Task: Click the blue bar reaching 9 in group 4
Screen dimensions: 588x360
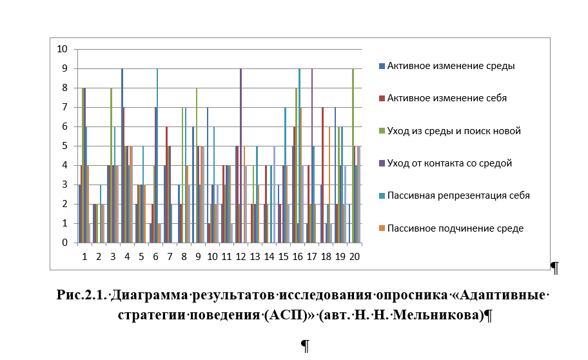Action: (122, 155)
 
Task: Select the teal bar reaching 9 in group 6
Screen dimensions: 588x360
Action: (157, 155)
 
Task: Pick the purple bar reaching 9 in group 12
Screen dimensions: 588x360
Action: (240, 155)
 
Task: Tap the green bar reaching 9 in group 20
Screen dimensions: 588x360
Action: (353, 155)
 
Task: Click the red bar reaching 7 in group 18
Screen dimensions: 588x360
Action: (322, 175)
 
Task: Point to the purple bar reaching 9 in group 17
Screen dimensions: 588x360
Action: (311, 155)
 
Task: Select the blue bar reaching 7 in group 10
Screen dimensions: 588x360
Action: (208, 175)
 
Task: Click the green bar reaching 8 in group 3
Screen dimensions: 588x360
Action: (112, 166)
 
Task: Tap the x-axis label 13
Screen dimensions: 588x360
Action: (255, 257)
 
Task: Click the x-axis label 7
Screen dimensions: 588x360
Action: (170, 257)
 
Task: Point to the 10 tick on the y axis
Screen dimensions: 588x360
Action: (62, 49)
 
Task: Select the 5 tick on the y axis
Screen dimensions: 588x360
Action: (65, 146)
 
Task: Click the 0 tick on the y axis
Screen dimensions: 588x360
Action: (65, 243)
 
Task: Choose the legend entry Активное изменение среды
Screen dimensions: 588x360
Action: (447, 66)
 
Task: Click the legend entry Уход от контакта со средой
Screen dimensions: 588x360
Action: (446, 163)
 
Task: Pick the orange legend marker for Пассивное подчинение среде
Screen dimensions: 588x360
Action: (382, 228)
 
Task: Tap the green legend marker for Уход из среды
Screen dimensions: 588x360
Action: (382, 131)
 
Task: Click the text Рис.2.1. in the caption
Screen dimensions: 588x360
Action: (82, 295)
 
